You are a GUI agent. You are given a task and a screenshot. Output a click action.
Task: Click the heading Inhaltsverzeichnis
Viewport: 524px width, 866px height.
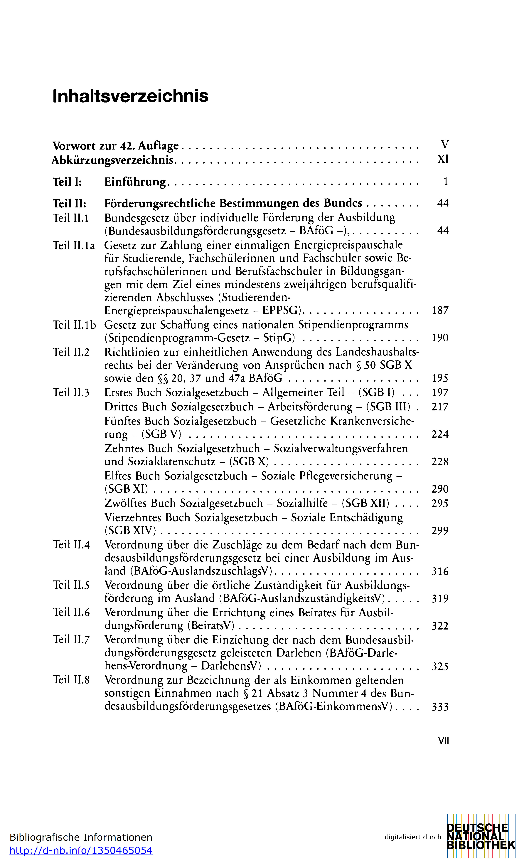130,96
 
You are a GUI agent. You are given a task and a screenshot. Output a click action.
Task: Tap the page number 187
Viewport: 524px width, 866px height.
440,310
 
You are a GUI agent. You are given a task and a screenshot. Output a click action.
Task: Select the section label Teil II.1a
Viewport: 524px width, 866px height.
74,245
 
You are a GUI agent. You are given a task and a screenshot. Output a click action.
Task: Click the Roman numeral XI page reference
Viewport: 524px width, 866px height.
443,159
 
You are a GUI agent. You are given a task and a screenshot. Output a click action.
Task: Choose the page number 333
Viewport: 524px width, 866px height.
440,707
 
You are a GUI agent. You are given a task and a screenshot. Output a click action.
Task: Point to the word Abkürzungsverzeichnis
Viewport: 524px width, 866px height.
113,160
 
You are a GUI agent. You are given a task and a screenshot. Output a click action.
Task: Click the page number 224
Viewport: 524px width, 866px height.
440,434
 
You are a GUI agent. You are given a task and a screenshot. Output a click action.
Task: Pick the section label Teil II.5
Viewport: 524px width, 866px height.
71,585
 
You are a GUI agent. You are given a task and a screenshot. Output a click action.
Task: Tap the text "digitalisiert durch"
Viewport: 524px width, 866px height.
413,837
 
